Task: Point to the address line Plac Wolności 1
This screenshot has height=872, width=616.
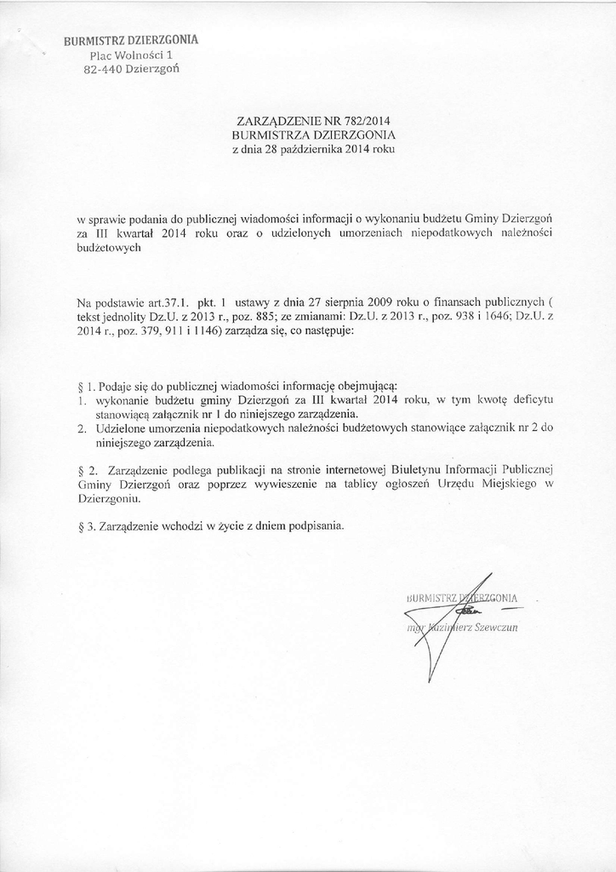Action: (131, 54)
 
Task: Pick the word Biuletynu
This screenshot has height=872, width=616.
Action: (413, 469)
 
